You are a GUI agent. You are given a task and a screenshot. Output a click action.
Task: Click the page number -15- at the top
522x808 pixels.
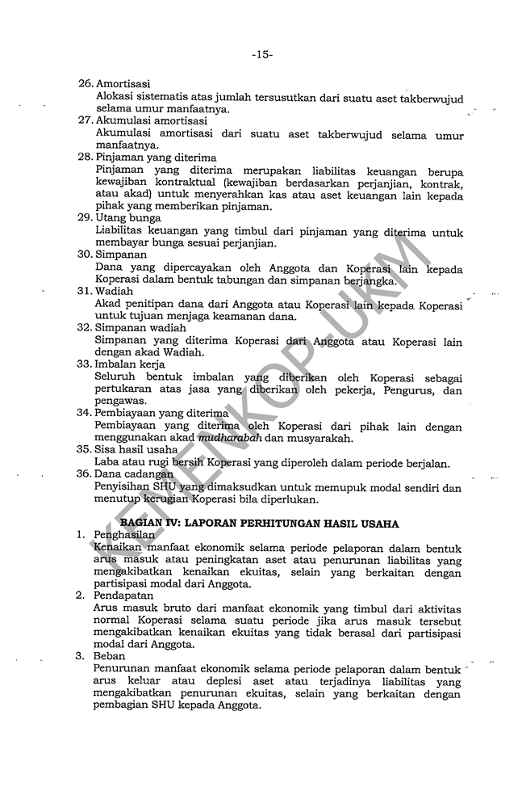(x=261, y=55)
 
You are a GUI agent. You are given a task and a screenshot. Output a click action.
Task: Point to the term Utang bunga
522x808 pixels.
(x=128, y=217)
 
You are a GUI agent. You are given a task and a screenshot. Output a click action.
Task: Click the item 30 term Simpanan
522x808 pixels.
(x=122, y=254)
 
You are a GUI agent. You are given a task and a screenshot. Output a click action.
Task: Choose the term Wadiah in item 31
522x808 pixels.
(x=115, y=290)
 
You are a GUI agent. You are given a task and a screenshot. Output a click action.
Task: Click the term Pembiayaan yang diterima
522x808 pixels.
(x=162, y=412)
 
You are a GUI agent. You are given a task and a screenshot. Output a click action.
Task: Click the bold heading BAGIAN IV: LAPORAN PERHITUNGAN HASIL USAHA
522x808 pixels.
(x=265, y=524)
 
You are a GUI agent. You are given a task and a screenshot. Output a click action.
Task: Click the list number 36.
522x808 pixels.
(x=84, y=473)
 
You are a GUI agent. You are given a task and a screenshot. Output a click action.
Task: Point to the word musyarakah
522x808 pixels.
(x=323, y=439)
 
